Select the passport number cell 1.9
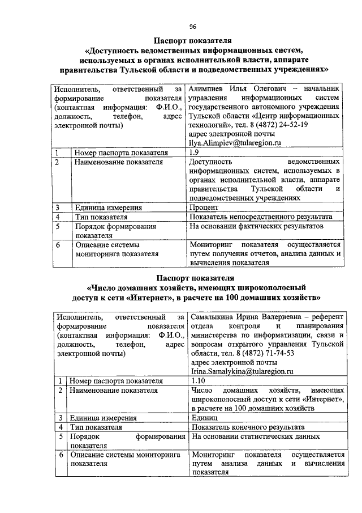click(x=195, y=152)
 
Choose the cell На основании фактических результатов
click(x=257, y=226)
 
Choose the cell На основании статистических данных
click(x=255, y=436)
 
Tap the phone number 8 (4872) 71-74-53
click(x=263, y=353)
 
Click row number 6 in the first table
click(x=58, y=245)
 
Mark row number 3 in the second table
click(x=61, y=418)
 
